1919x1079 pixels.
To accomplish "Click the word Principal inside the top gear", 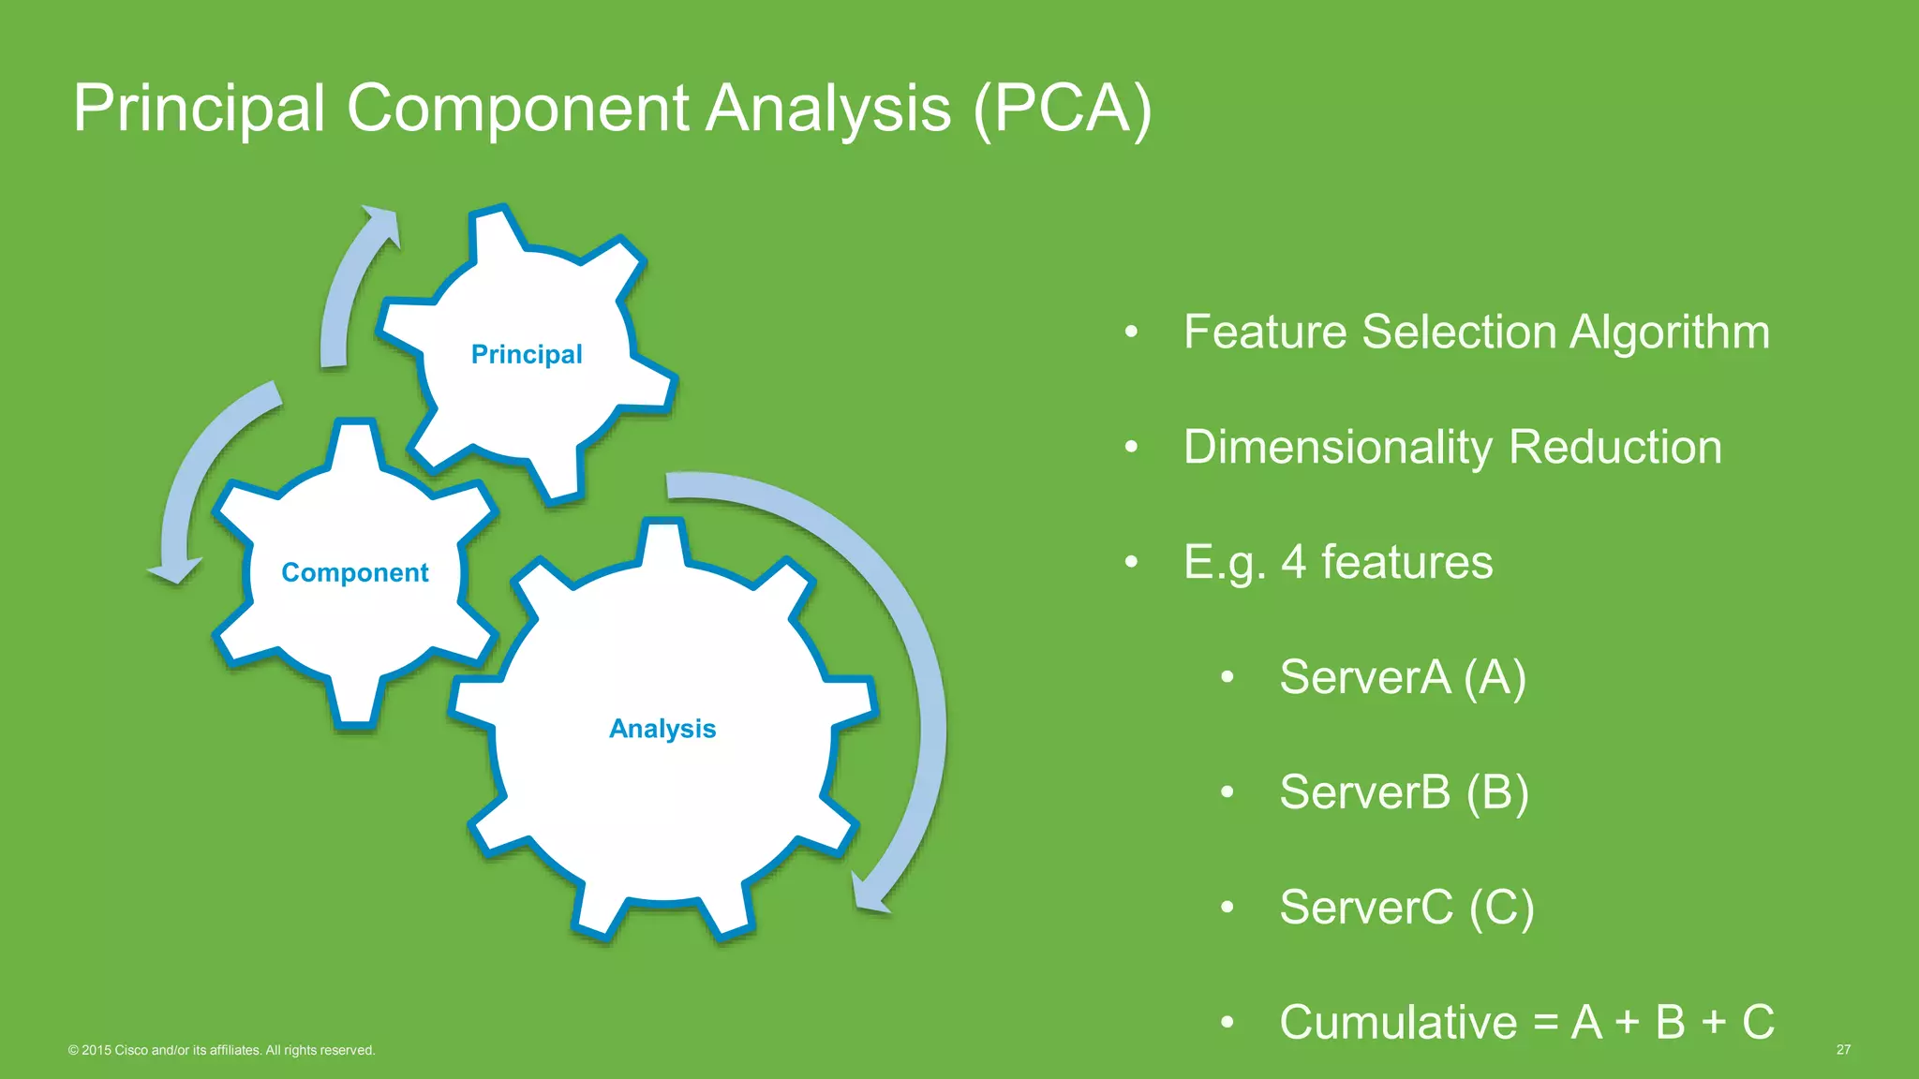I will (x=527, y=354).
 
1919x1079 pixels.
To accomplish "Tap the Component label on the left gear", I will (x=355, y=572).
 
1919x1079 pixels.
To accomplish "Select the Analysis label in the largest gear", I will (x=662, y=729).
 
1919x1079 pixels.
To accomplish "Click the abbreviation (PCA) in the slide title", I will (x=1063, y=109).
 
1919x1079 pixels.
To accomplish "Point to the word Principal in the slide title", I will (x=199, y=109).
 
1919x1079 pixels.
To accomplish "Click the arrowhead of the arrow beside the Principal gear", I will (x=383, y=222).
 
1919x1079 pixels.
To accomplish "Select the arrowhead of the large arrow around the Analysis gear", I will (x=870, y=894).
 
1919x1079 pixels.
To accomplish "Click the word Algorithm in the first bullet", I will (x=1669, y=333).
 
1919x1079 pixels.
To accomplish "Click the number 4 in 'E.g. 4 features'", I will (x=1293, y=562).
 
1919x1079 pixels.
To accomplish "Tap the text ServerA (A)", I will (x=1403, y=677).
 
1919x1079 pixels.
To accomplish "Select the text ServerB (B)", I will (x=1404, y=792).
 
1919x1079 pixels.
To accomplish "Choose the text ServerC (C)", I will (x=1406, y=908).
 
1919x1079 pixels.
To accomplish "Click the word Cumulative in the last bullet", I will (x=1397, y=1022).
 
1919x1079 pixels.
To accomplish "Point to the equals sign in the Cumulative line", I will (x=1546, y=1023).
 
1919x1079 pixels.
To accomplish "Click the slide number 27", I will (x=1843, y=1050).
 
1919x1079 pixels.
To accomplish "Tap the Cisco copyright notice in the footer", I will (x=221, y=1050).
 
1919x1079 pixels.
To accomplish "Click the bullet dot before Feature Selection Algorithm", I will (x=1131, y=333).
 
